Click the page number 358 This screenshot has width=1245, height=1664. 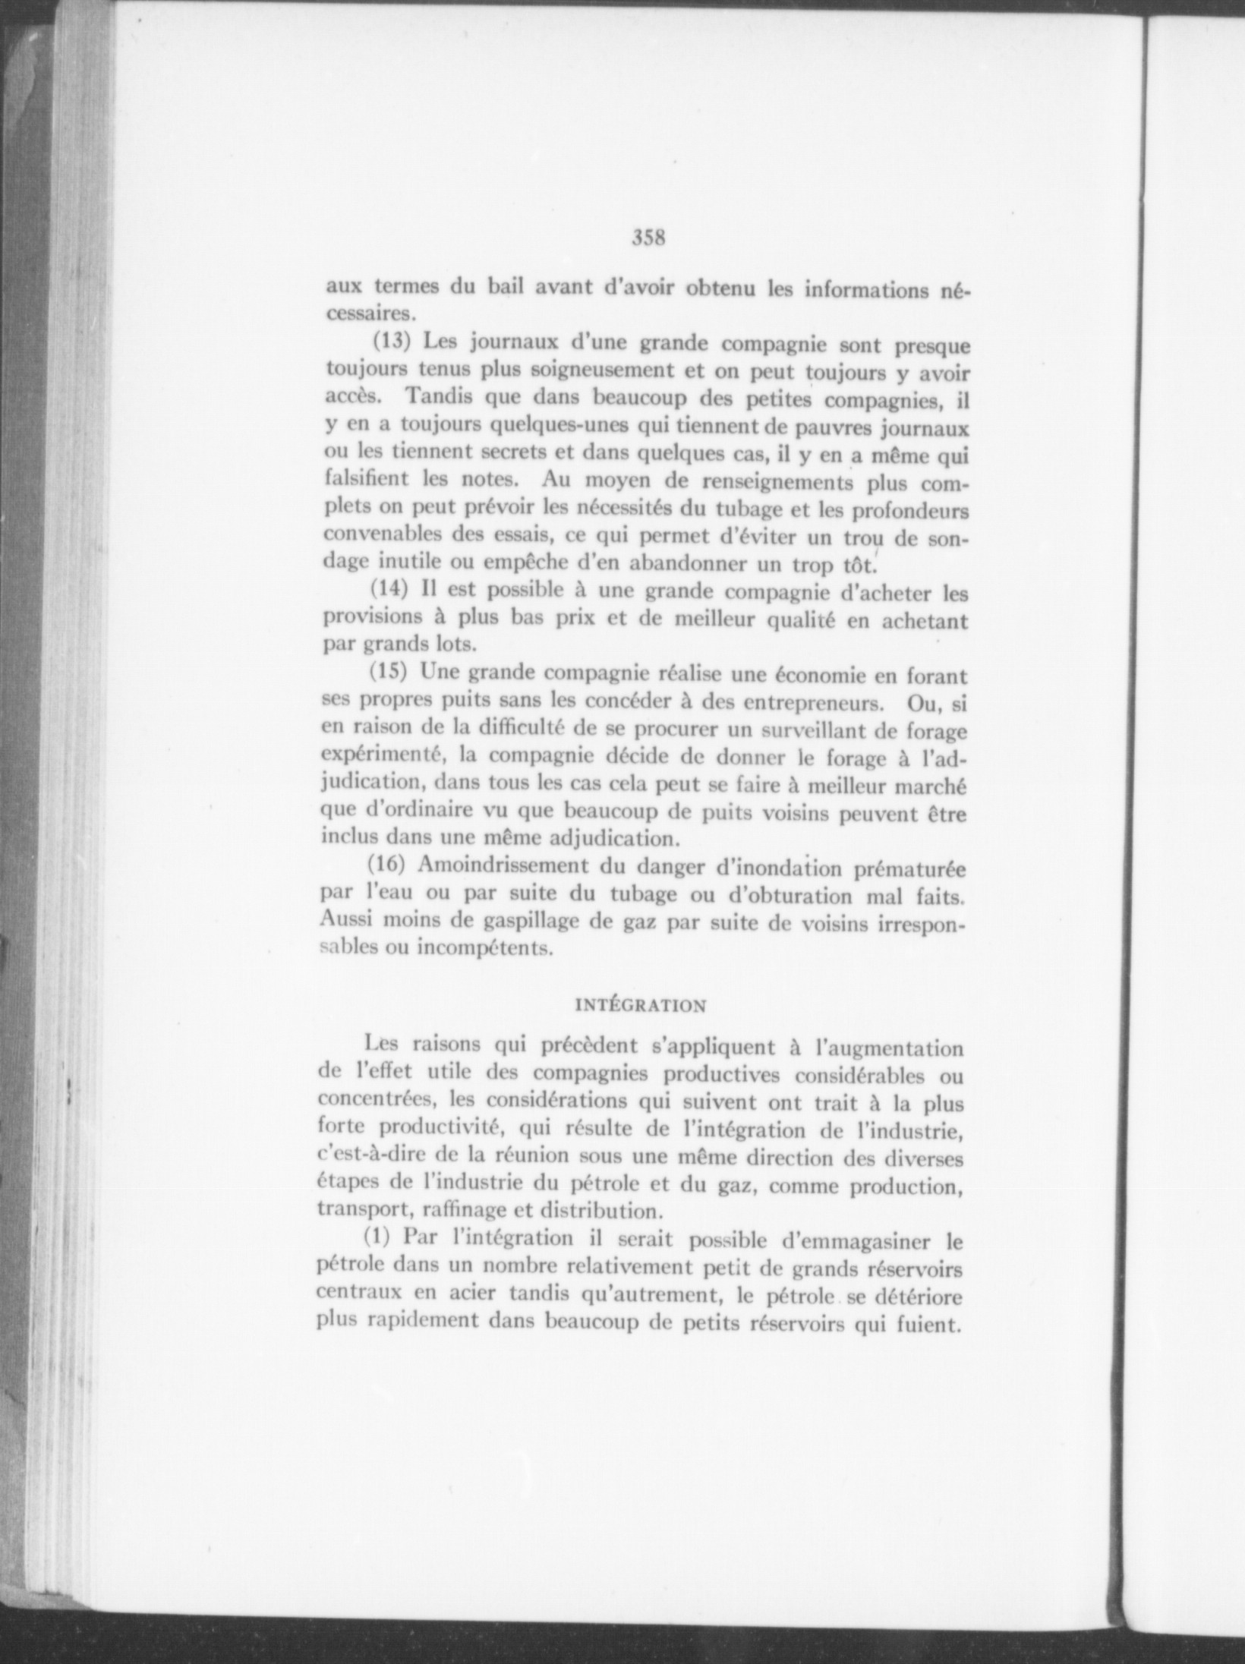point(648,238)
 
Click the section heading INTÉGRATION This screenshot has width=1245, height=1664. point(641,1006)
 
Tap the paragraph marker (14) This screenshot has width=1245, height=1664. point(388,591)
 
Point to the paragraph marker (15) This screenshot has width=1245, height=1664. point(387,673)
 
